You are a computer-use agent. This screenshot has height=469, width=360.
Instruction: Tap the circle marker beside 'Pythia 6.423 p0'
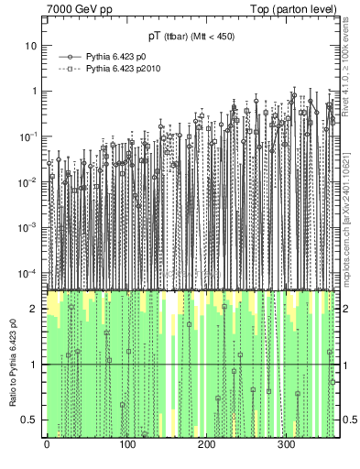coord(67,57)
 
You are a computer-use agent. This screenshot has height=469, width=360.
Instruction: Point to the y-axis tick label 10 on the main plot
coord(30,46)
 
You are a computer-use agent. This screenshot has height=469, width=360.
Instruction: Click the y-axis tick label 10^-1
coord(27,136)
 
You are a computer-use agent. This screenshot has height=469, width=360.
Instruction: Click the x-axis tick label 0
coord(46,445)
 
